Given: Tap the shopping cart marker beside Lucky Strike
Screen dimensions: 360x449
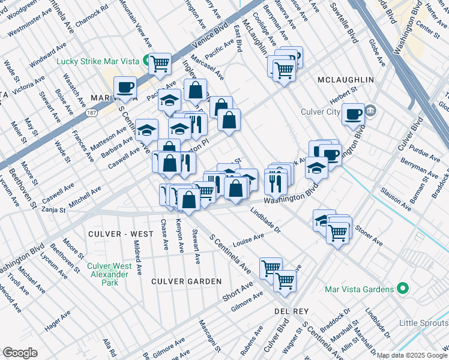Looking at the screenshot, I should pos(160,63).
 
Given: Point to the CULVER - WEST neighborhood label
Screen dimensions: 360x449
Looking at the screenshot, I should pos(116,233).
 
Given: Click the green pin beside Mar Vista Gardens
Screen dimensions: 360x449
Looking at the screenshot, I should pos(403,289).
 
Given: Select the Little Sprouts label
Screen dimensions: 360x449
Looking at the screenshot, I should pos(424,323).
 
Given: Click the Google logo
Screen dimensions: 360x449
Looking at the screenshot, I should pos(20,353).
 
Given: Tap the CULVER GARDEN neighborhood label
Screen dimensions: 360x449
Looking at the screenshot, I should pos(178,281).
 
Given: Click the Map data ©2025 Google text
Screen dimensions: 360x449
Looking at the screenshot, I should pos(412,355).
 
